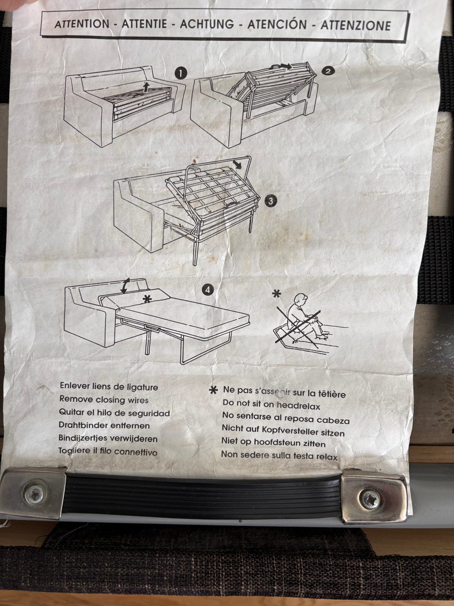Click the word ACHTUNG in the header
(x=207, y=24)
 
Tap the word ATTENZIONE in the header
(x=356, y=26)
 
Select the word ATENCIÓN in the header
(x=277, y=24)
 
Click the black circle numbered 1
(x=181, y=73)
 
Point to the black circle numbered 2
(x=328, y=71)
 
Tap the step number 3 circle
(x=271, y=201)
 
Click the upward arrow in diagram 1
(x=147, y=87)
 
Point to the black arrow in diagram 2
(x=285, y=67)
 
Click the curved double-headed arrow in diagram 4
(x=125, y=286)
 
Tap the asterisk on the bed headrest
(x=148, y=299)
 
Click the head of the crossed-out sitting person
(x=300, y=299)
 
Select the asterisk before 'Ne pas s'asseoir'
(x=213, y=390)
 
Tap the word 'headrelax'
(x=298, y=406)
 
